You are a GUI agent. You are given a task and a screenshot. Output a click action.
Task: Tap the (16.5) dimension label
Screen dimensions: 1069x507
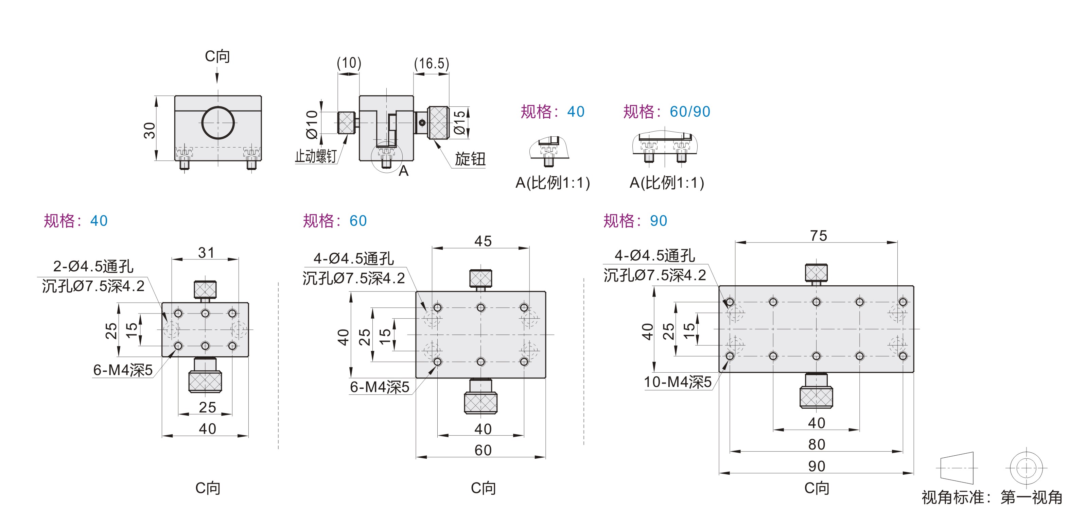point(432,64)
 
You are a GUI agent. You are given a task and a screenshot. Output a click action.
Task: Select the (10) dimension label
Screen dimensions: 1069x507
point(349,63)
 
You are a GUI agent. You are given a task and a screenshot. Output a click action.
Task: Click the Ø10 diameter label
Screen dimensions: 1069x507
point(312,124)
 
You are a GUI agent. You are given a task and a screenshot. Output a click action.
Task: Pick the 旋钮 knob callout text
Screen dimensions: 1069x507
point(470,158)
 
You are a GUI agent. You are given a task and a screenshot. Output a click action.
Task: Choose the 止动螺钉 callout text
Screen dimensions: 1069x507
point(316,156)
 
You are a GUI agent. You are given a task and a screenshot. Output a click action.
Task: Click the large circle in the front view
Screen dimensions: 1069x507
point(218,122)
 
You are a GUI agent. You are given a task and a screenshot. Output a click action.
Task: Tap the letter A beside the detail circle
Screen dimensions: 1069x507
point(403,171)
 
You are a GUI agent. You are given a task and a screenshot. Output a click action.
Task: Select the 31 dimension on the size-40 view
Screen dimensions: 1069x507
point(206,252)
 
